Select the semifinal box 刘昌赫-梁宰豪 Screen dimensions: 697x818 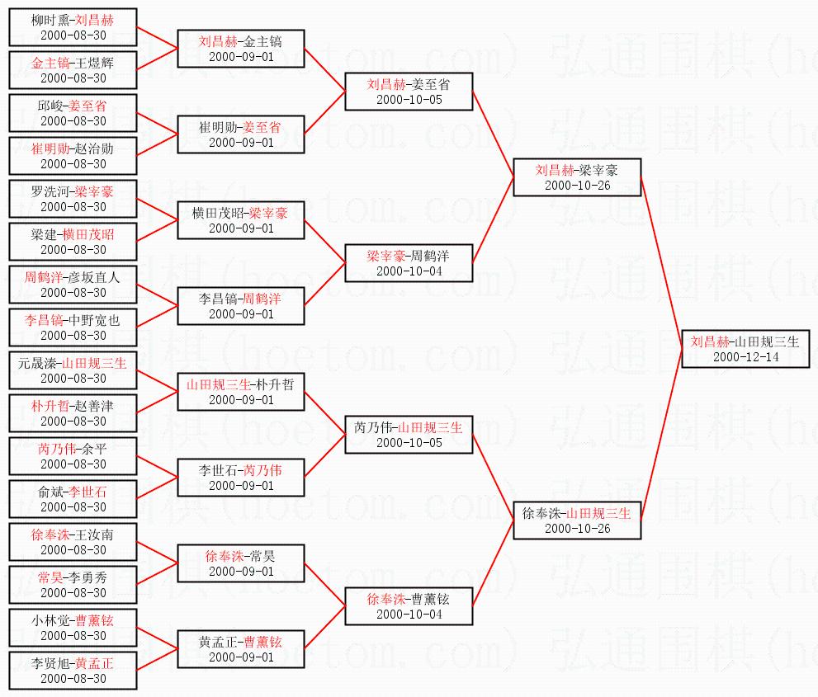click(576, 177)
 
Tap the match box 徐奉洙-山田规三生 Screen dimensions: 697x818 click(576, 520)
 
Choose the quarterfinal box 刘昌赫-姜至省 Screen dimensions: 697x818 click(409, 92)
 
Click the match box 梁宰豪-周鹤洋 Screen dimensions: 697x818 click(409, 263)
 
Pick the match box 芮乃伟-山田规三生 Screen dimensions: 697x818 click(409, 435)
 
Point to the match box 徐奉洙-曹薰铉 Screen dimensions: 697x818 click(409, 606)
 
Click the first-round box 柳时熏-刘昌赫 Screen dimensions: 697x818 click(73, 27)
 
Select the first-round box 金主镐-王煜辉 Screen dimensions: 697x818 click(73, 70)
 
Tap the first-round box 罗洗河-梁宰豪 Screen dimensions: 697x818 click(73, 199)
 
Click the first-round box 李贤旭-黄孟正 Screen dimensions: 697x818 click(73, 671)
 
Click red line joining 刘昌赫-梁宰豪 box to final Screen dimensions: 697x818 click(661, 265)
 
